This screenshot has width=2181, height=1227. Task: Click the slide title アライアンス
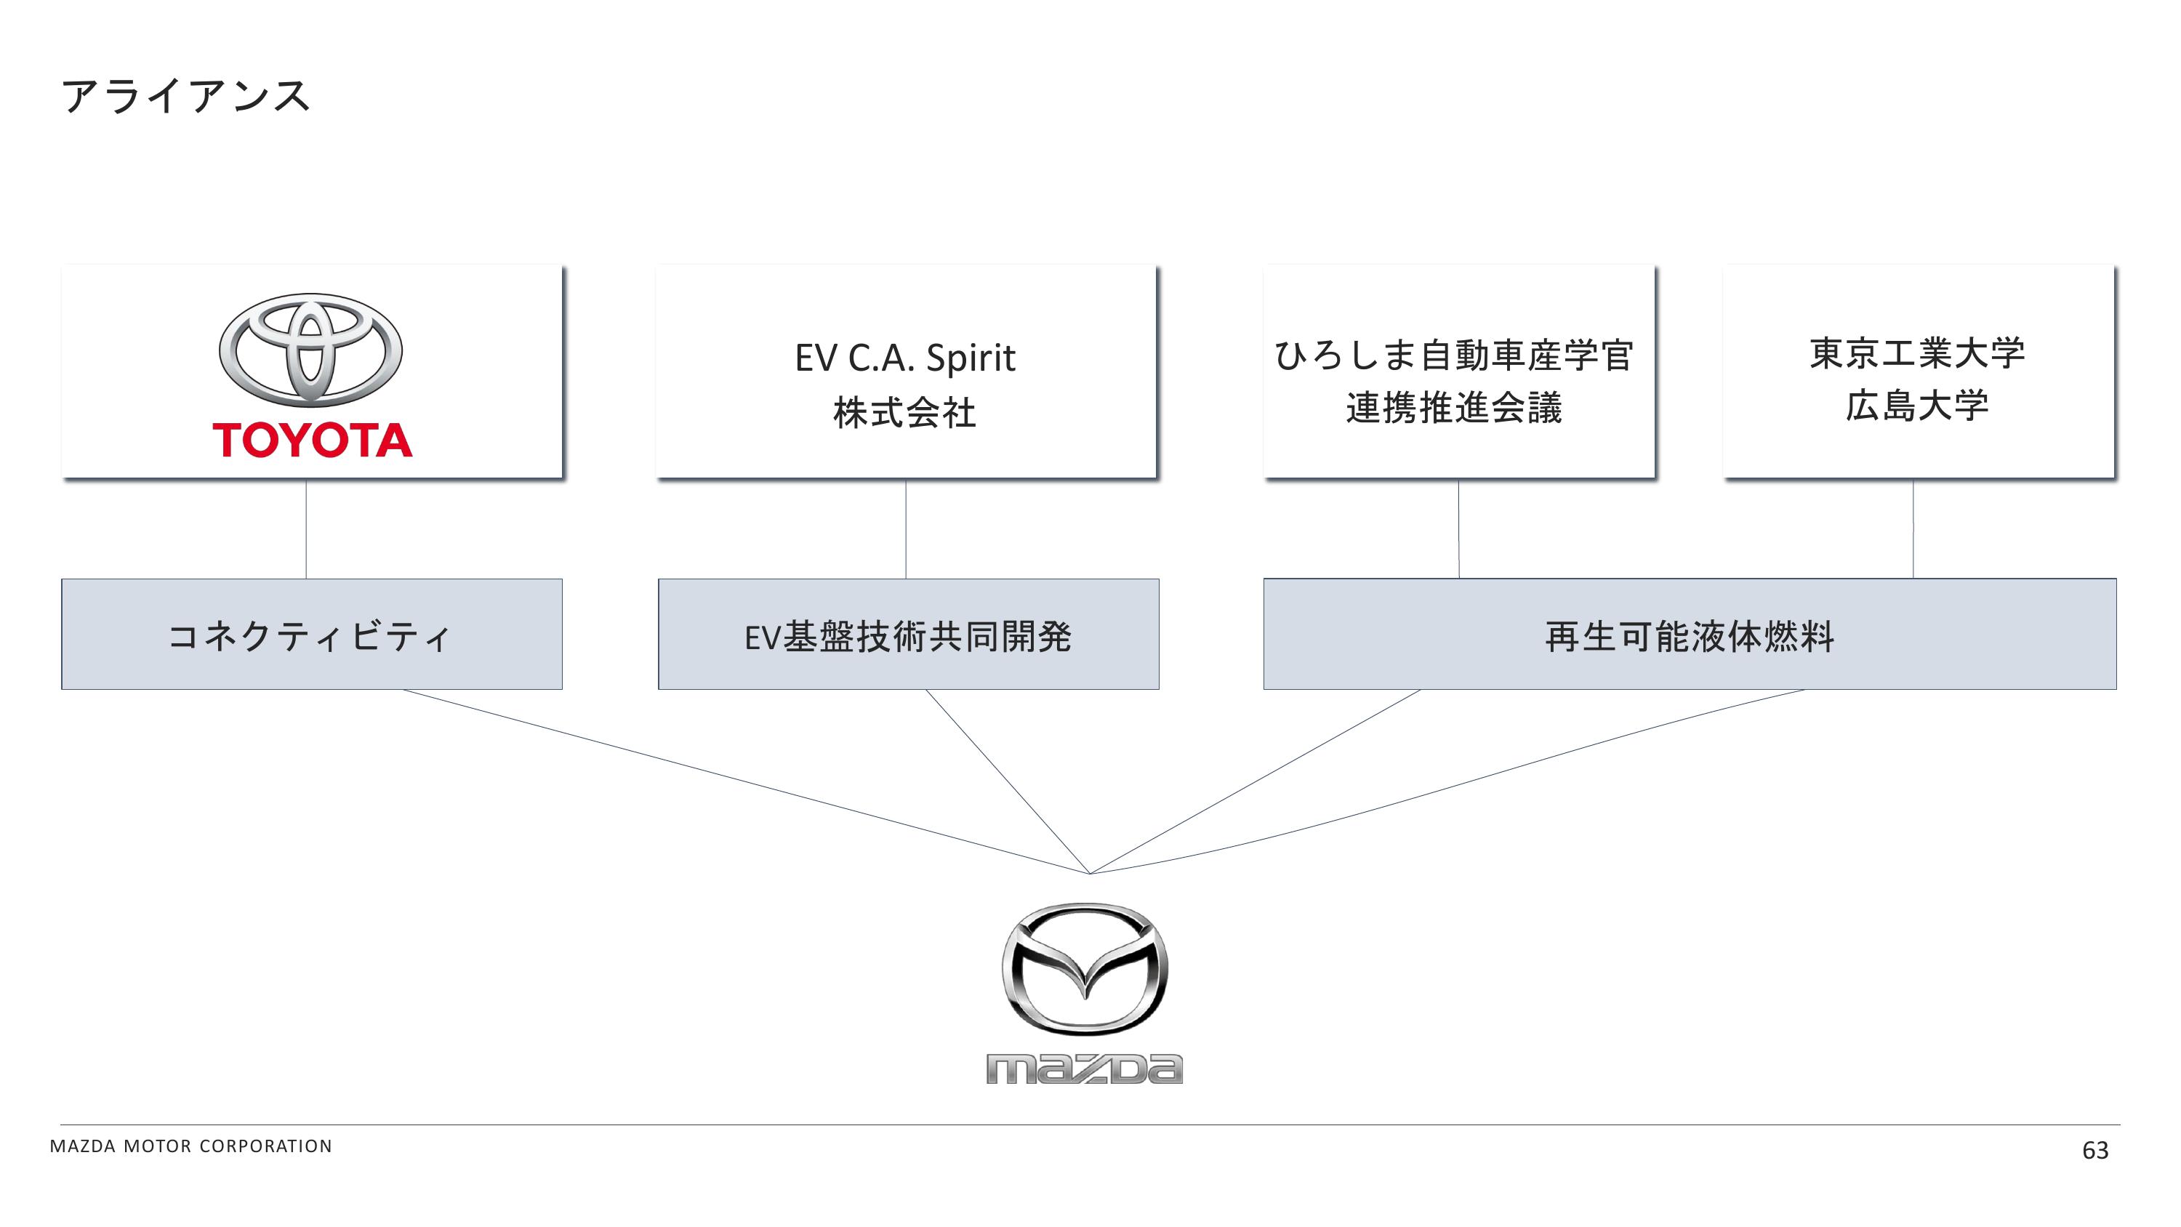pos(185,96)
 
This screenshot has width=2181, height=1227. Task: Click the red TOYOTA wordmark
pos(313,440)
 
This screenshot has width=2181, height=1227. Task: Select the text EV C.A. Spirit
pos(904,358)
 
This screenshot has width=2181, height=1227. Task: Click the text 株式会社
pos(904,413)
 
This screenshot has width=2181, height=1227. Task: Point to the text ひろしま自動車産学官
pos(1454,355)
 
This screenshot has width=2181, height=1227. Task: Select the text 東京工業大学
pos(1917,353)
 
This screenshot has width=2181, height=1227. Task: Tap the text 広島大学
pos(1917,406)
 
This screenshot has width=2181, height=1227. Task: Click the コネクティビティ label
pos(310,636)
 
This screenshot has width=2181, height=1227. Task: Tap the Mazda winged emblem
pos(1085,969)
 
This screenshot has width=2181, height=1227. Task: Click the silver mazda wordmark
pos(1085,1069)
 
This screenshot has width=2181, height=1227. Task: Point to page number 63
pos(2094,1150)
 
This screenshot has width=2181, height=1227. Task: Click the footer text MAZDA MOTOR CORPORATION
pos(191,1146)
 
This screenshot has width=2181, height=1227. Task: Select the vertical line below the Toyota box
pos(305,529)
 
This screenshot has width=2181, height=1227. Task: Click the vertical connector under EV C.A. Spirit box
pos(906,529)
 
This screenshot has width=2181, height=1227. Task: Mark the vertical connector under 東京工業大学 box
pos(1913,529)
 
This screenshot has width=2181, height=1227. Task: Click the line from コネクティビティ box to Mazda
pos(745,781)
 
